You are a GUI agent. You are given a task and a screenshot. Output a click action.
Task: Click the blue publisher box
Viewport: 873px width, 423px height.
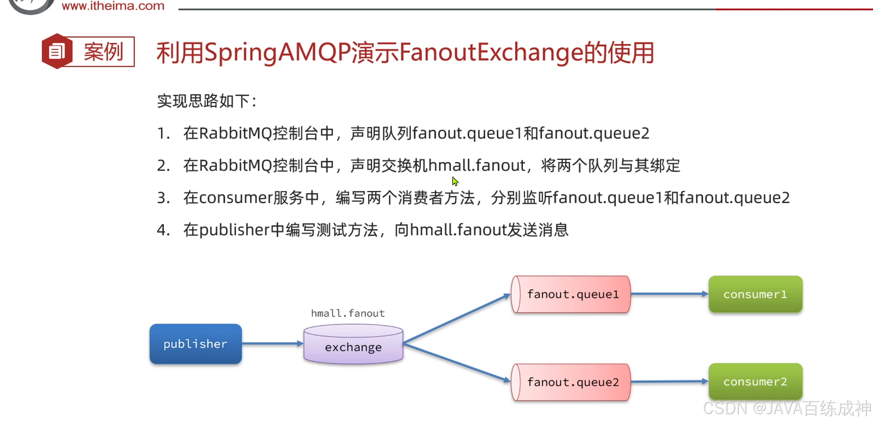coord(196,344)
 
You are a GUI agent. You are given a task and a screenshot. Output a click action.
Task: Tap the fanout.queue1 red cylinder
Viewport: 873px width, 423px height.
coord(571,294)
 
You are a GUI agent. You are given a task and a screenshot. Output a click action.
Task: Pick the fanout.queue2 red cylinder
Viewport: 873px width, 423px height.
coord(571,382)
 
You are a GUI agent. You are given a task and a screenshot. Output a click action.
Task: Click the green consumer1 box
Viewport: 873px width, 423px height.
coord(755,294)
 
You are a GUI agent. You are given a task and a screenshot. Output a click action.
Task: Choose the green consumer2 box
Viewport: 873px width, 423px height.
coord(755,381)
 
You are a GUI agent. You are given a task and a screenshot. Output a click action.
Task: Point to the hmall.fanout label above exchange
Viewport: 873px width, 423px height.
coord(348,313)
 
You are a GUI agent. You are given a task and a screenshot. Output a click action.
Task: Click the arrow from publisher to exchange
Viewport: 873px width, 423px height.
coord(272,343)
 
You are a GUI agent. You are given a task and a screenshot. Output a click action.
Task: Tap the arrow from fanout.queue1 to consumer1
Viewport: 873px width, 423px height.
coord(669,294)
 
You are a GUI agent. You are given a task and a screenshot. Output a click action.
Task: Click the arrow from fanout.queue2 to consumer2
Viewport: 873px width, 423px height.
coord(669,381)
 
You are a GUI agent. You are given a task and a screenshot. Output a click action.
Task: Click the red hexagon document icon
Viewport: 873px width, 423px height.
coord(57,51)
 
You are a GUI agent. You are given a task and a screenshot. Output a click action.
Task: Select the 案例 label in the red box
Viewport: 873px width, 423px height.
coord(103,52)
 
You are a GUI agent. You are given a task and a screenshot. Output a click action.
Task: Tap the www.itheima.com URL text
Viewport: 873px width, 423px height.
coord(113,6)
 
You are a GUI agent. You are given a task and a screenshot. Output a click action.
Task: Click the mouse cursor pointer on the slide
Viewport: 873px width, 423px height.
coord(455,181)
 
